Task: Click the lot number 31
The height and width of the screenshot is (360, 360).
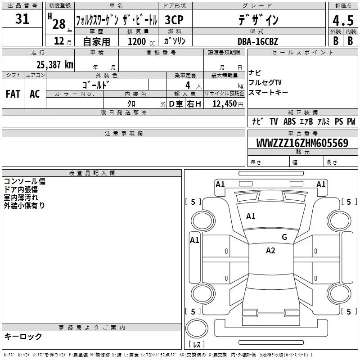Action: (x=22, y=19)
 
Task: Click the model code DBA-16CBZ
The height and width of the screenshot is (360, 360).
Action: (x=264, y=41)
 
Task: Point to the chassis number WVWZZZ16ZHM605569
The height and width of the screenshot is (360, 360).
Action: (x=302, y=144)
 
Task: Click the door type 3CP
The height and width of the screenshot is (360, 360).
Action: (x=175, y=20)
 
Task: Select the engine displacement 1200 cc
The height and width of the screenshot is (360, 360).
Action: (x=137, y=41)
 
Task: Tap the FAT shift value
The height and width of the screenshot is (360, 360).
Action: (x=13, y=94)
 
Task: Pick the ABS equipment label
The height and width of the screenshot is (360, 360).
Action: (x=289, y=121)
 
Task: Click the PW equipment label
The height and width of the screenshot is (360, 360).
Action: (x=351, y=121)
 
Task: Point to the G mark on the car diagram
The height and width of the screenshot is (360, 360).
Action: (x=284, y=237)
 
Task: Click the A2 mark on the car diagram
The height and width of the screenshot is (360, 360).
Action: (x=270, y=251)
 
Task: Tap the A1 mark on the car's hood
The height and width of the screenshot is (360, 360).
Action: (x=251, y=216)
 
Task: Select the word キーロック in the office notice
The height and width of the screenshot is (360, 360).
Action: (x=23, y=336)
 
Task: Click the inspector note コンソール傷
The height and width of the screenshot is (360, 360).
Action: (x=24, y=181)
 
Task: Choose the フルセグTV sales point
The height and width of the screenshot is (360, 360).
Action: (x=265, y=82)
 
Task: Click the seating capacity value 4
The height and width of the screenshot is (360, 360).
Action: (x=187, y=85)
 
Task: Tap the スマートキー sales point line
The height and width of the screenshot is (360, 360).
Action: (x=268, y=92)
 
